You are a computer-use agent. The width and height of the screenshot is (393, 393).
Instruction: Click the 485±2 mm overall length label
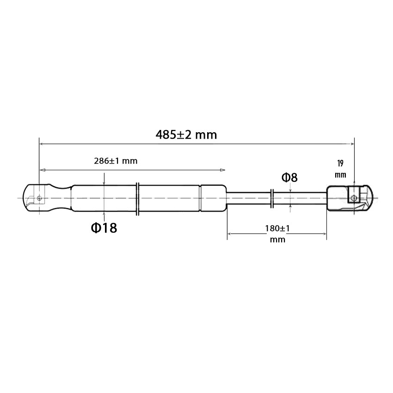coord(186,135)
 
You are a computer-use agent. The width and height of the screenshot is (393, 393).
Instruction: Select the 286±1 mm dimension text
coord(116,161)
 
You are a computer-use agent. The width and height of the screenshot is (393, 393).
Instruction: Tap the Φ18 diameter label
coord(104,228)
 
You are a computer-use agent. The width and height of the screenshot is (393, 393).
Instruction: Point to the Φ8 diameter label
coord(289,178)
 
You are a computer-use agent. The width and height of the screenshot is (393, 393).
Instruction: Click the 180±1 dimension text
coord(277,228)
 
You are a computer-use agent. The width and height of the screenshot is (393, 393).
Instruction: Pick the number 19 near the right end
coord(340,163)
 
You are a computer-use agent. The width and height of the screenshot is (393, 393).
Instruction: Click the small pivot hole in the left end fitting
coord(39,198)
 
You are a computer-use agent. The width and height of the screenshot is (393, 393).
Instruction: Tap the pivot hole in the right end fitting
coord(354,198)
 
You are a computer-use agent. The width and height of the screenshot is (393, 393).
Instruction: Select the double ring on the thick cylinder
coord(137,199)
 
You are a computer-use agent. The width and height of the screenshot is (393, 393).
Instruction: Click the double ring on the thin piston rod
coord(272,198)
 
